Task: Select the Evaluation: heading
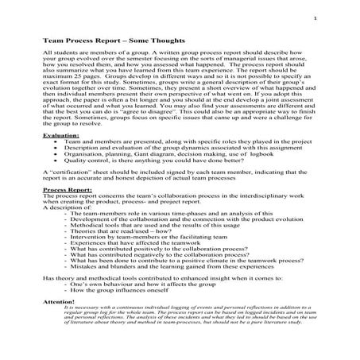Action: (x=60, y=137)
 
